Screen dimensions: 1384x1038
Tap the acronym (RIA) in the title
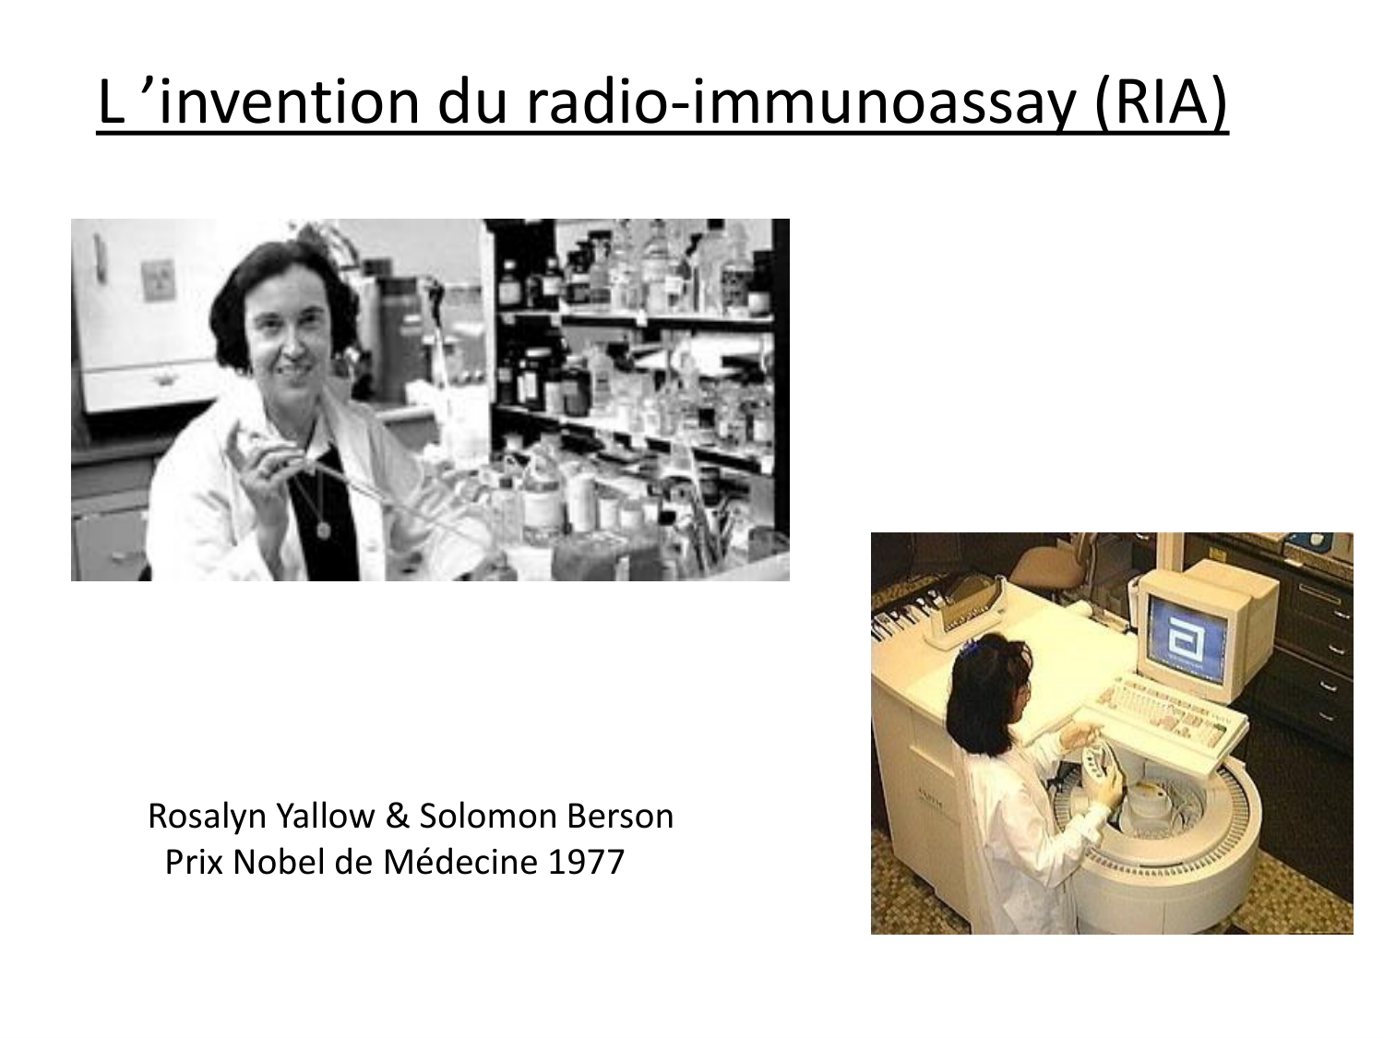[x=1162, y=104]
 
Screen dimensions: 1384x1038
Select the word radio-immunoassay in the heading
[x=800, y=104]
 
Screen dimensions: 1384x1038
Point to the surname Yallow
[x=327, y=817]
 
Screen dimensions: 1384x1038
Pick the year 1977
[x=587, y=862]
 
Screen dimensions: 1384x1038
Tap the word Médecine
[x=460, y=862]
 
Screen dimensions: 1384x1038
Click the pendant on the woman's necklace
[x=323, y=530]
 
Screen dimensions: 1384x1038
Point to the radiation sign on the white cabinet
[x=157, y=280]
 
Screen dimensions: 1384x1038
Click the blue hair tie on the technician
[x=969, y=643]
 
